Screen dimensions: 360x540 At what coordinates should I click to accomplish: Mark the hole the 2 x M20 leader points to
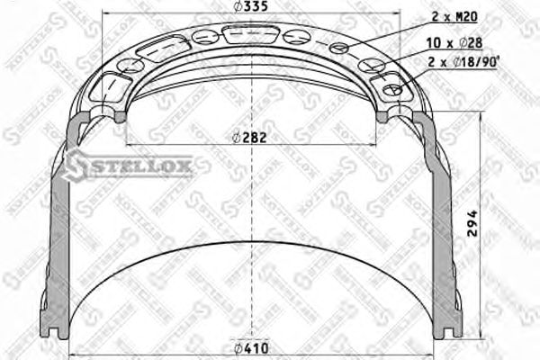point(339,49)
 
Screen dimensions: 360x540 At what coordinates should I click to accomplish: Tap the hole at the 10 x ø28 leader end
point(370,65)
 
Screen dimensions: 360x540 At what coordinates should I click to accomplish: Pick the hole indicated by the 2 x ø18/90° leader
point(391,90)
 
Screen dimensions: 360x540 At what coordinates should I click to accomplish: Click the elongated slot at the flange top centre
point(251,35)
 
